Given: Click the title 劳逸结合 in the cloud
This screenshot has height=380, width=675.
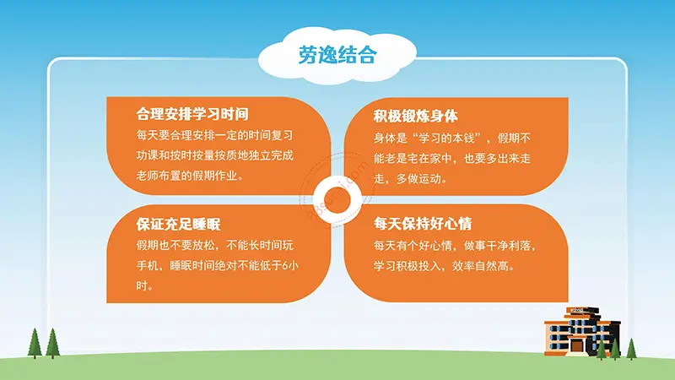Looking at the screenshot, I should (337, 56).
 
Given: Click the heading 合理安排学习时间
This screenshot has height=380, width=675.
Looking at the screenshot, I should (192, 114).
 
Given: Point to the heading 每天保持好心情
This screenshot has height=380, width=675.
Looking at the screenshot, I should (423, 225).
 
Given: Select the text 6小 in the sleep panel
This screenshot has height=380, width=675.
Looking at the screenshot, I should (289, 266).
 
